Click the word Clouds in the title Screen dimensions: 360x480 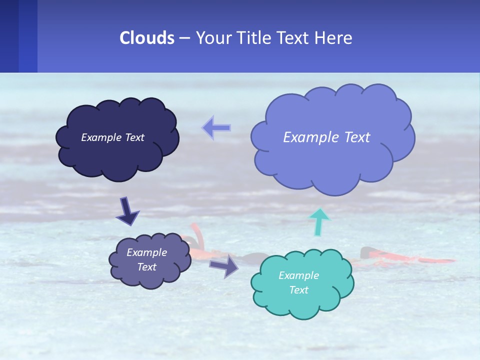point(147,38)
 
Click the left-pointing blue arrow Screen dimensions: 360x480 point(216,128)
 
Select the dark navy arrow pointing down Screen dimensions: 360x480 point(127,211)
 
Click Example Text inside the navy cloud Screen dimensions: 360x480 point(112,137)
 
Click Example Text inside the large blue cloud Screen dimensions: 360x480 point(326,137)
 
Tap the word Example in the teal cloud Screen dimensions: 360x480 point(298,275)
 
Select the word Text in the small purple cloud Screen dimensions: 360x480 point(146,267)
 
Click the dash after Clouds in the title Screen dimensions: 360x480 point(184,38)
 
